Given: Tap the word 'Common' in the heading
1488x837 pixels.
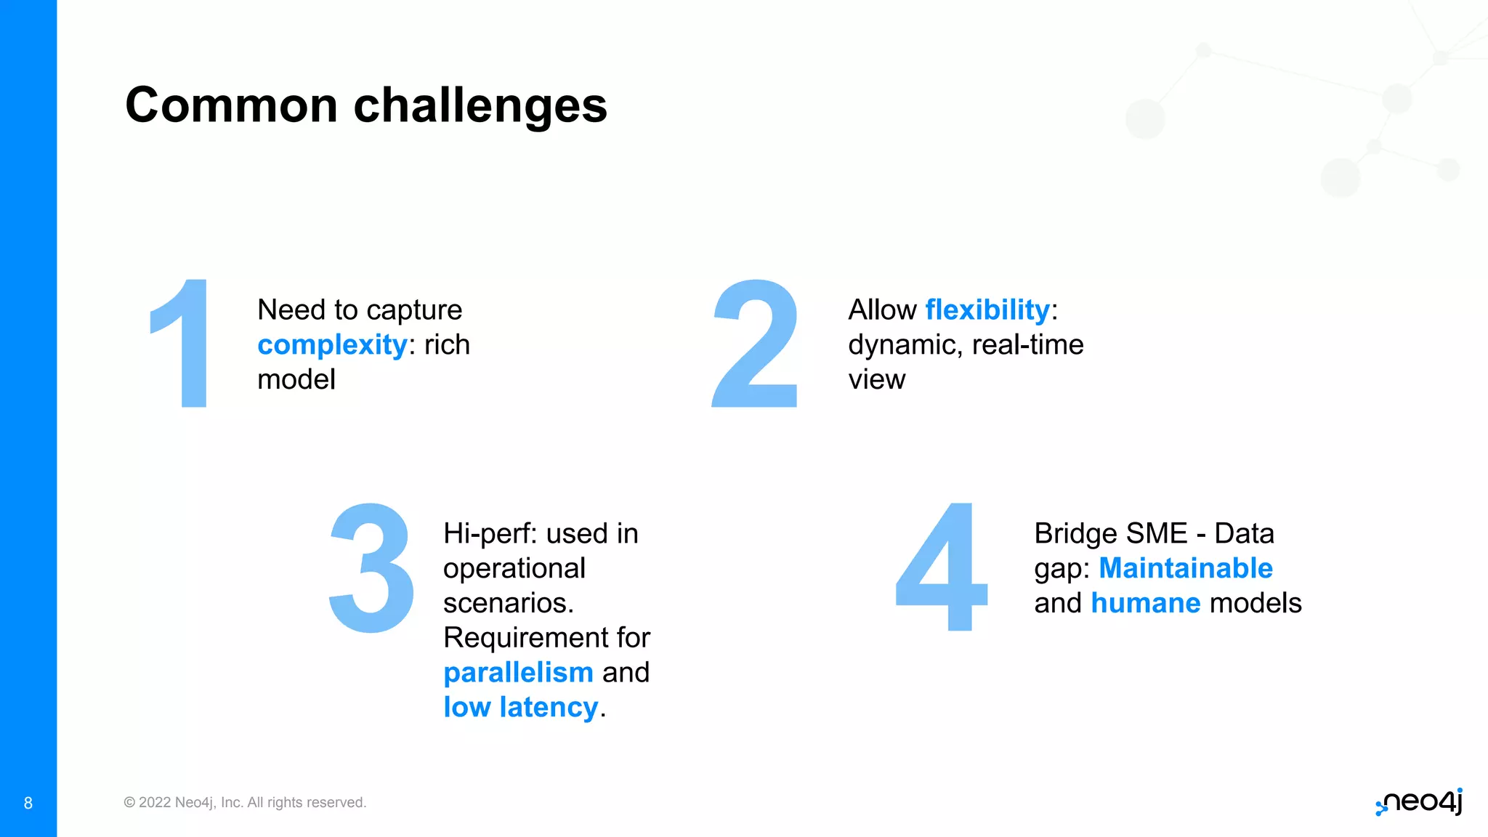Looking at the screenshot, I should point(231,105).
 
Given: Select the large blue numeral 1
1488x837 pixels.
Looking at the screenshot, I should point(182,343).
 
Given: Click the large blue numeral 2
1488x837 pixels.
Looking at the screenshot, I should point(755,343).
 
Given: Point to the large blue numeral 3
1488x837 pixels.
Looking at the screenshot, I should point(371,567).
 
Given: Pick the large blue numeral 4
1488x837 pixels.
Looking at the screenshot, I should point(942,567).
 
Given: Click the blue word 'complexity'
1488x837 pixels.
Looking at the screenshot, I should point(332,344).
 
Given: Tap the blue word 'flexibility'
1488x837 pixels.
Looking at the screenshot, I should point(987,310).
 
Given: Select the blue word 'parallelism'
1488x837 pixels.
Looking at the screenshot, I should point(518,672).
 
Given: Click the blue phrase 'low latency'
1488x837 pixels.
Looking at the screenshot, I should point(520,707).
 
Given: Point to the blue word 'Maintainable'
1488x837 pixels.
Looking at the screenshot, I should point(1185,568).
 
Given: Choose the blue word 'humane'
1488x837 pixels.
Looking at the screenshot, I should point(1145,603).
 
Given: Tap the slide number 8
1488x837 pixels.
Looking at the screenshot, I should point(28,803).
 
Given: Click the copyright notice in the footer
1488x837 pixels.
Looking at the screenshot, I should point(245,802).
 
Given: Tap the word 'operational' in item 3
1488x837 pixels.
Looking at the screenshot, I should point(514,568).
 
